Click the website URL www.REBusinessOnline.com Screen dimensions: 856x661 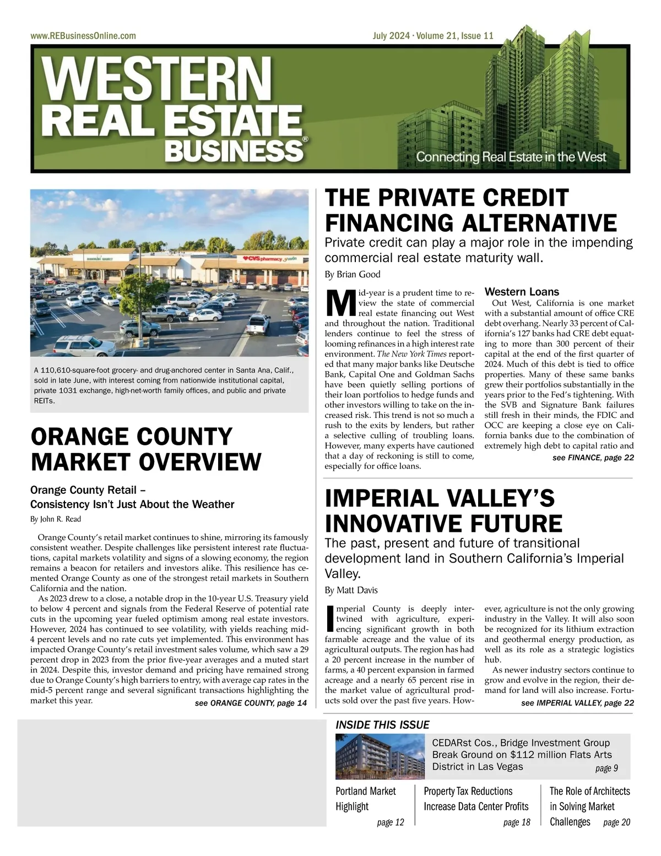click(83, 36)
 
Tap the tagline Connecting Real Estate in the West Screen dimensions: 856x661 click(511, 157)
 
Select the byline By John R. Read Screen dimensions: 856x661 click(56, 519)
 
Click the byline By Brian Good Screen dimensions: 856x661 click(353, 274)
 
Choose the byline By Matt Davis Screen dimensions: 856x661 click(351, 590)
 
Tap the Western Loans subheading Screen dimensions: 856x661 click(522, 292)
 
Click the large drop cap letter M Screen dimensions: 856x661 click(339, 302)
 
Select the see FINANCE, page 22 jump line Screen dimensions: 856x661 click(593, 457)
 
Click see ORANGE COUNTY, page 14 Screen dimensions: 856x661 click(251, 703)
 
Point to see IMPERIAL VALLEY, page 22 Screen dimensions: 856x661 click(577, 703)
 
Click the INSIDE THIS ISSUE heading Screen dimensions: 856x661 click(382, 725)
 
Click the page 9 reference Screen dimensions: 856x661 click(606, 768)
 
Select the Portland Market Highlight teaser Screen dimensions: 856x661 click(366, 799)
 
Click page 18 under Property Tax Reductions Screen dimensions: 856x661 click(517, 822)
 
